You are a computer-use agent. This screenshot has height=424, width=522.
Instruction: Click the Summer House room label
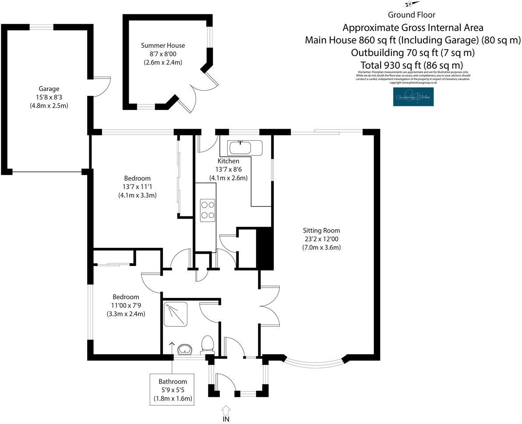coord(163,46)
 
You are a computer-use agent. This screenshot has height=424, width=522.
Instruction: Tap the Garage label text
coord(49,88)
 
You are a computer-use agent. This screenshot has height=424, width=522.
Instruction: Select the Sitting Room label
coord(321,230)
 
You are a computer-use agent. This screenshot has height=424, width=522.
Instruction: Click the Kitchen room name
coord(228,161)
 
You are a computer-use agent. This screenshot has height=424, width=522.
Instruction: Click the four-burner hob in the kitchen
coord(208,209)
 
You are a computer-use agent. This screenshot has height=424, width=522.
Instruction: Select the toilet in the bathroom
coord(207,344)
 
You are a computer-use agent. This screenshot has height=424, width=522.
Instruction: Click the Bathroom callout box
coord(173,390)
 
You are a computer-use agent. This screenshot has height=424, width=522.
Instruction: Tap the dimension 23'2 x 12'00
coord(321,239)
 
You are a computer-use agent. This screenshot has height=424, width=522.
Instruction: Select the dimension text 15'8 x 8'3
coord(49,97)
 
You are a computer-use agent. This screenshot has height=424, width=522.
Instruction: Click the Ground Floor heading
coord(411,15)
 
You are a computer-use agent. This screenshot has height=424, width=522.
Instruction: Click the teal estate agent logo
coord(413,97)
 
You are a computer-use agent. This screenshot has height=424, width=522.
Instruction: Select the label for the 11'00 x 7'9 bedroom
coord(126,297)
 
